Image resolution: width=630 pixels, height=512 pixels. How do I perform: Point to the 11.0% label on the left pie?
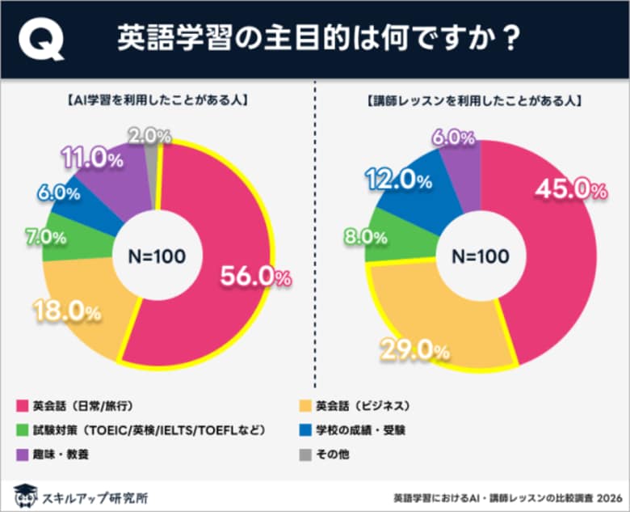click(x=91, y=159)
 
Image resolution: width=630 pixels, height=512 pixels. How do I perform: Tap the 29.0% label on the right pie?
click(x=415, y=350)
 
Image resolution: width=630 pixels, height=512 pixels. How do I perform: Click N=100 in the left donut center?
click(x=157, y=256)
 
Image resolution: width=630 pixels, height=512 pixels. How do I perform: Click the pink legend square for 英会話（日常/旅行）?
click(x=21, y=405)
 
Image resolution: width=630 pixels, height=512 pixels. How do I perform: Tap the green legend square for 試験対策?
click(x=21, y=429)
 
